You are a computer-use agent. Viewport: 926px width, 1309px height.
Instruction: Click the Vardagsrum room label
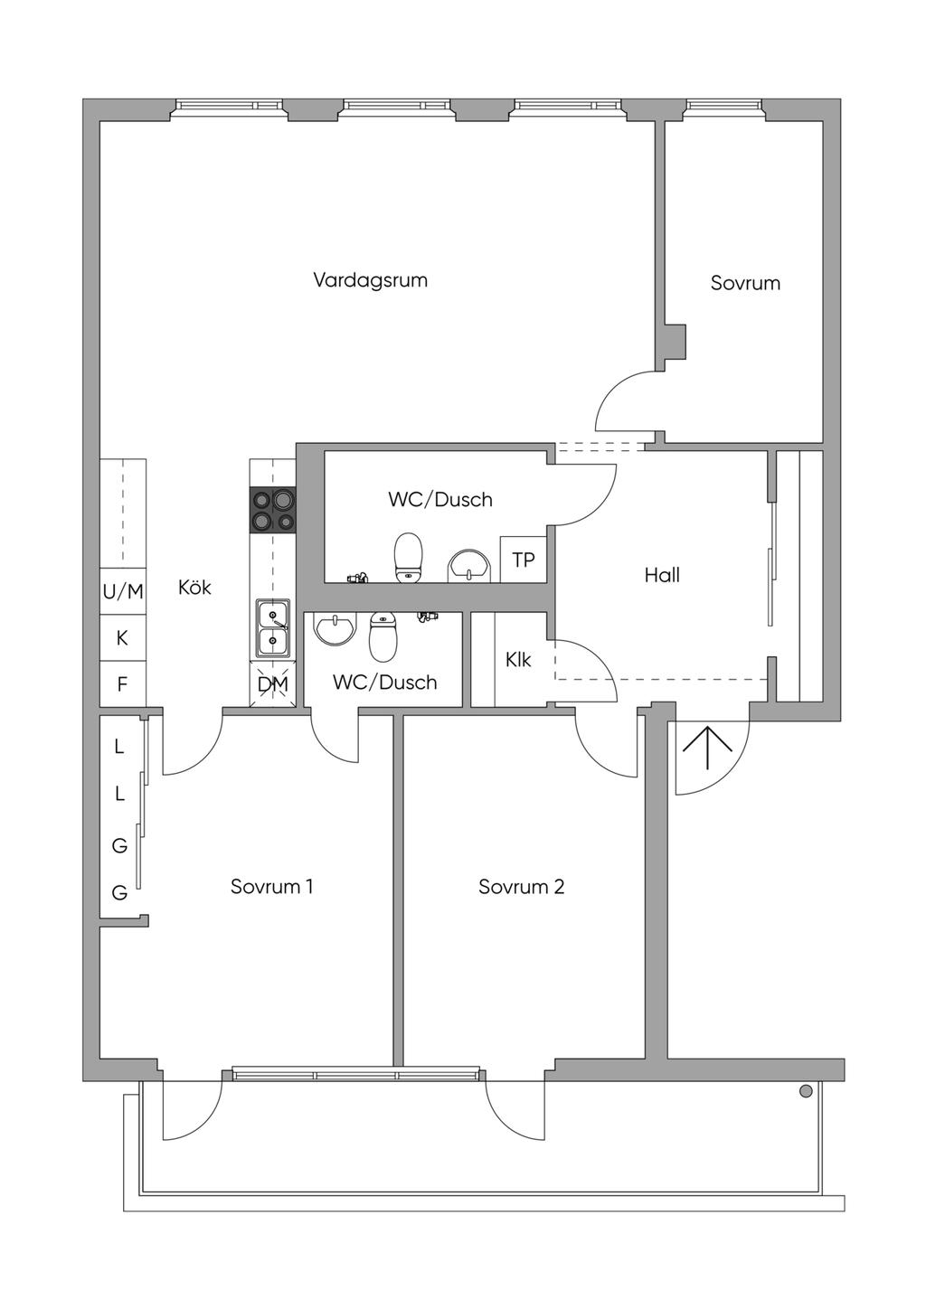(370, 280)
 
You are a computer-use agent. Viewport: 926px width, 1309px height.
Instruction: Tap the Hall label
(662, 575)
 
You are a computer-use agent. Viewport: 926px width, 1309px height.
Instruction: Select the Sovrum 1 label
(272, 887)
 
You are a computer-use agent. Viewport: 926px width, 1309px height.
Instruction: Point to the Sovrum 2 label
(522, 887)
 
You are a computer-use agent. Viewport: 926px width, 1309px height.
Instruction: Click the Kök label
(194, 588)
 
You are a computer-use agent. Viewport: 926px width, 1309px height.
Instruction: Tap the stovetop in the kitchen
(272, 510)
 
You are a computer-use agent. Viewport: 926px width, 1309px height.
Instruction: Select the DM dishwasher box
(272, 683)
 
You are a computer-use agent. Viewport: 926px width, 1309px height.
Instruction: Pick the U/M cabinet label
(123, 591)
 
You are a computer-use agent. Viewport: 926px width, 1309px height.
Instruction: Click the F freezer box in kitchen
(122, 683)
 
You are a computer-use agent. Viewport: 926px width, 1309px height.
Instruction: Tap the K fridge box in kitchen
(122, 637)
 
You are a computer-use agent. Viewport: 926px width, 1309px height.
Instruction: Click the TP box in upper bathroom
(524, 560)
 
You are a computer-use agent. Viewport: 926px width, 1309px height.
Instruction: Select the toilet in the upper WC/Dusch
(409, 558)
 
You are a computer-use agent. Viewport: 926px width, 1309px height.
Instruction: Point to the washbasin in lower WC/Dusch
(335, 629)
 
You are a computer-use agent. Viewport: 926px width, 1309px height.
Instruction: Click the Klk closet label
(518, 660)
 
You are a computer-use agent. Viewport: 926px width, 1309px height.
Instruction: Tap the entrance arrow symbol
(707, 749)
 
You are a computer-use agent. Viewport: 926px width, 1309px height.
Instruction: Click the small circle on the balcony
(806, 1090)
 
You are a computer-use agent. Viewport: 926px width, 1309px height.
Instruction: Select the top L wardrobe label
(119, 746)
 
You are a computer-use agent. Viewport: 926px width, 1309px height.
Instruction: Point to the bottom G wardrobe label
(119, 893)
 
